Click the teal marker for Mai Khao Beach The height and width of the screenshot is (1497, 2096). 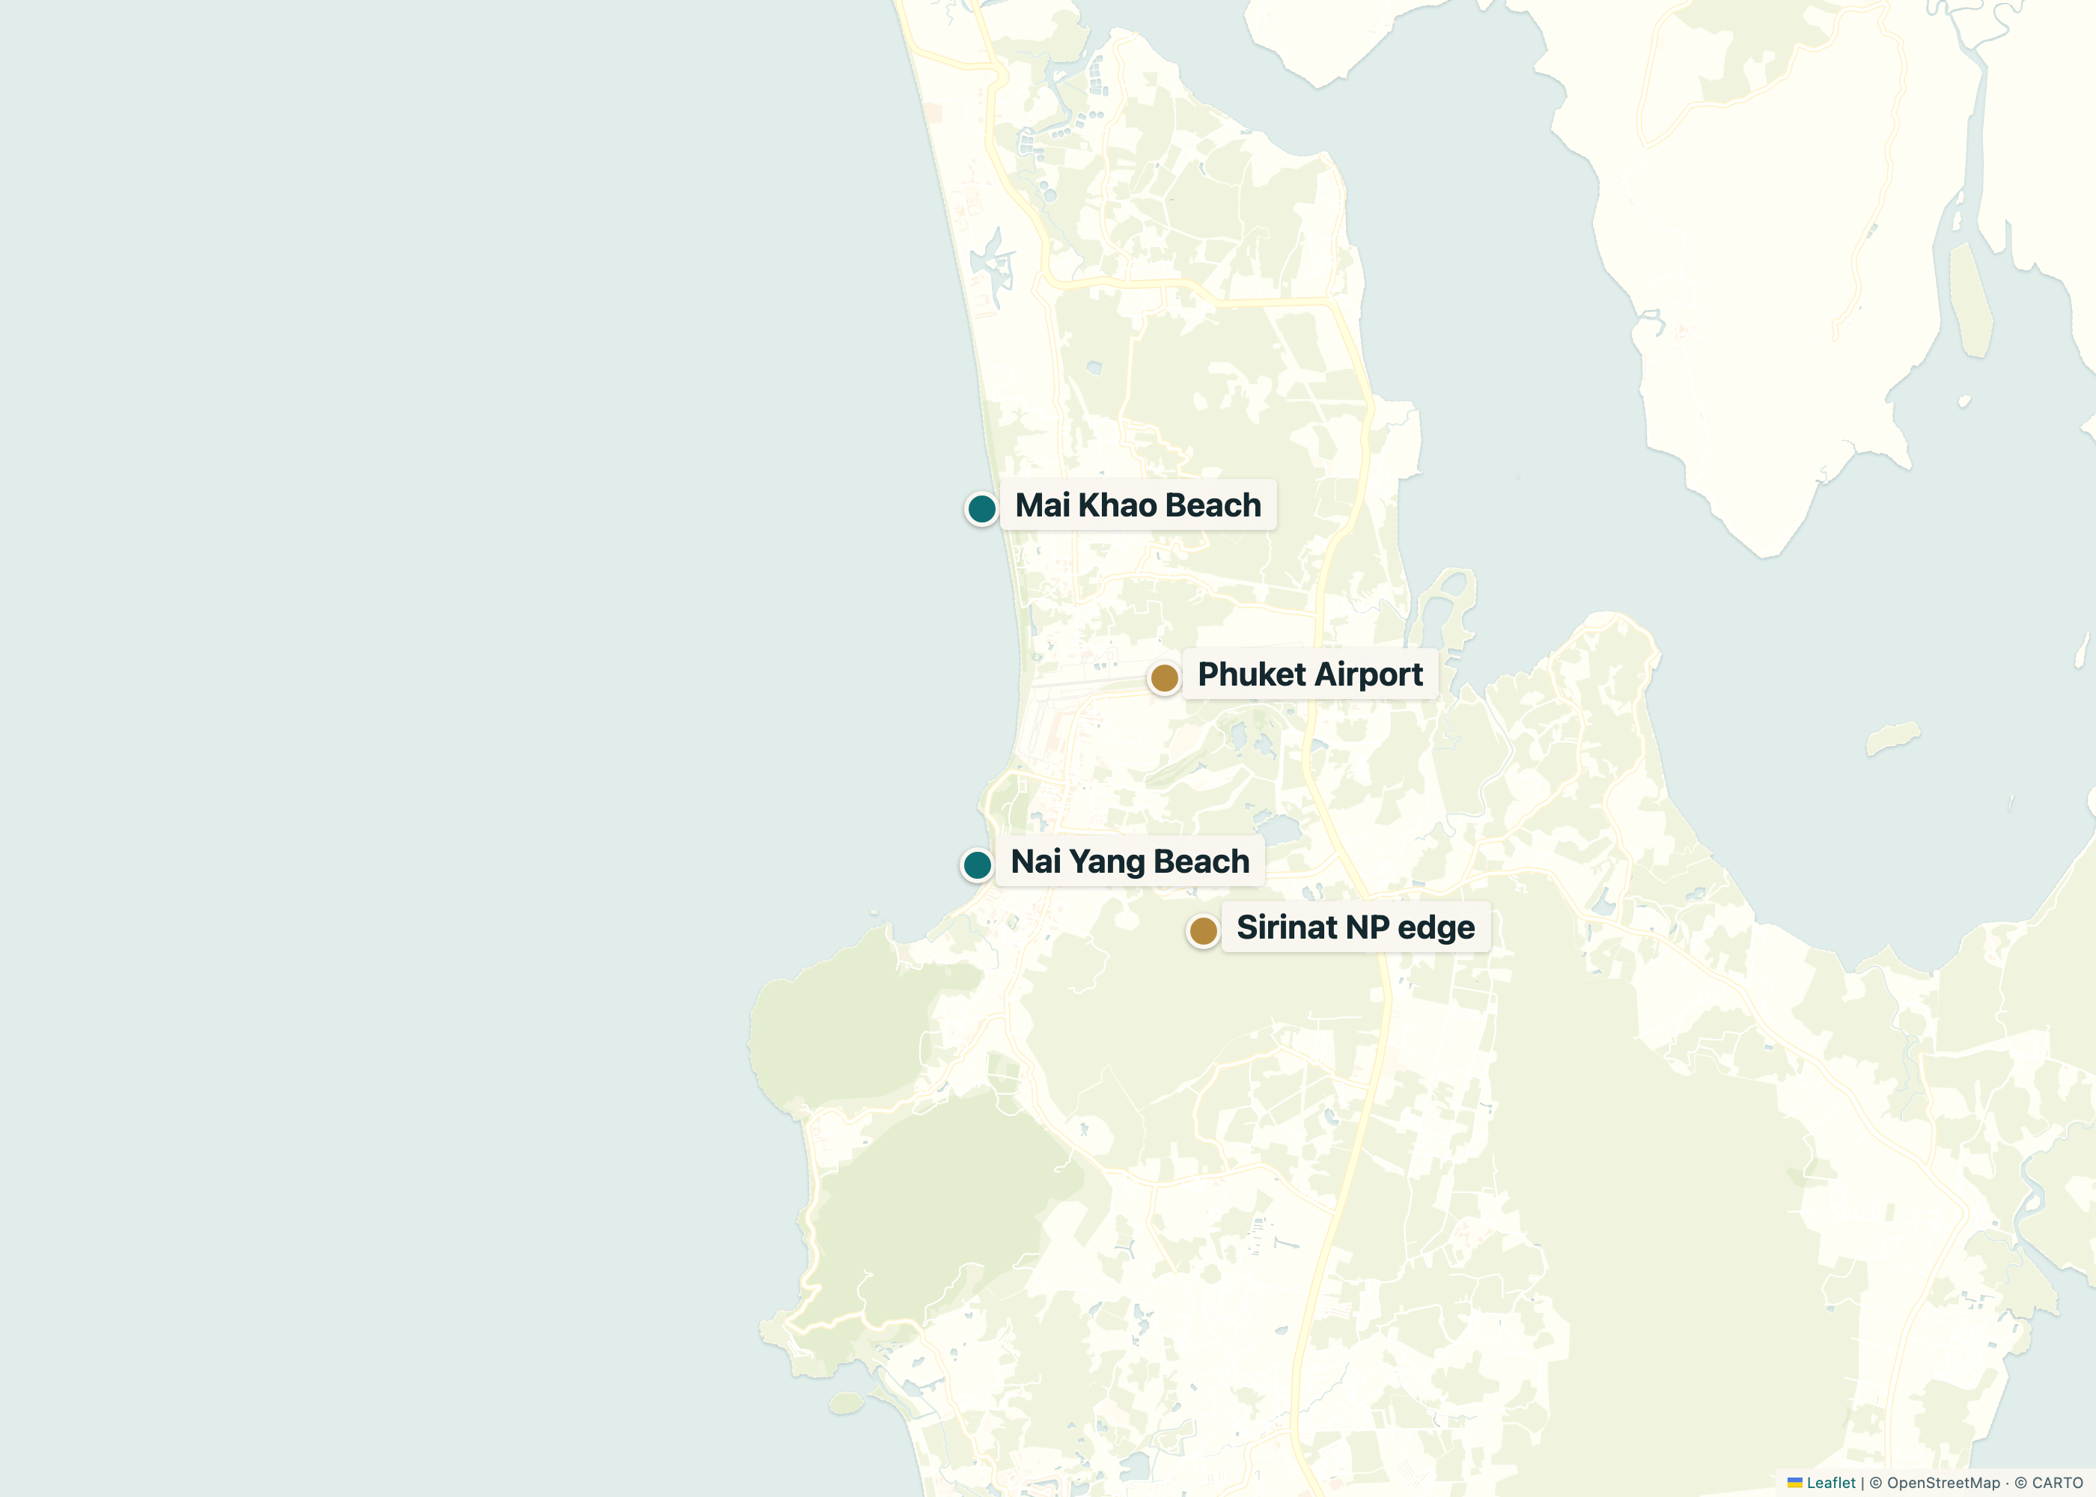click(x=981, y=508)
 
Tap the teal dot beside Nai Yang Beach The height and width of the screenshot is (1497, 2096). click(x=977, y=865)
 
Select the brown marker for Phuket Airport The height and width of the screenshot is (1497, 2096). click(x=1164, y=678)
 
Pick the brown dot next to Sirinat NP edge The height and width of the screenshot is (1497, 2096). click(x=1203, y=931)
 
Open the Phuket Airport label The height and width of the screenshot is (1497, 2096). click(x=1310, y=674)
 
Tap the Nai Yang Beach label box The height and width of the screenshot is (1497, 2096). click(x=1130, y=862)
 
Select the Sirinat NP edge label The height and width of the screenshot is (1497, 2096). click(x=1355, y=927)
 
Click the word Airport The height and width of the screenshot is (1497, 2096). click(x=1370, y=674)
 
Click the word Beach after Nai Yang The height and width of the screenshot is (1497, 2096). click(x=1201, y=862)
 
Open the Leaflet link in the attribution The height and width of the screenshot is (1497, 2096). click(x=1830, y=1482)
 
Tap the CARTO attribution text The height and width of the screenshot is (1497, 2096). click(x=2056, y=1482)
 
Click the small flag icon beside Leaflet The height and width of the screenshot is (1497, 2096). click(x=1794, y=1482)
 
